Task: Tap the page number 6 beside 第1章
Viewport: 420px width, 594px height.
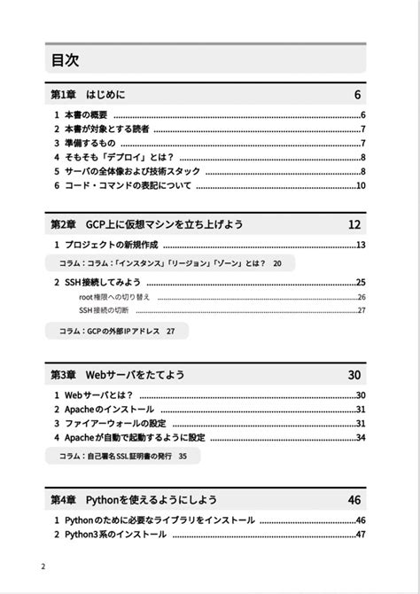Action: tap(357, 95)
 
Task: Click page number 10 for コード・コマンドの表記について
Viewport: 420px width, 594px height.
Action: tap(361, 185)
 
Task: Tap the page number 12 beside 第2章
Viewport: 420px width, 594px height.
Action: tap(354, 224)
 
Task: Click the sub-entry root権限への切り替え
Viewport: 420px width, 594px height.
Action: tap(114, 297)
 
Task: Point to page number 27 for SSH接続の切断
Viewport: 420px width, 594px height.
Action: tap(362, 310)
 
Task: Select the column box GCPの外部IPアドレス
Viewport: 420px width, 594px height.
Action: tap(117, 331)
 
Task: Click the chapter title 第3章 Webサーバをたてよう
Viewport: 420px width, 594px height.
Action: tap(118, 375)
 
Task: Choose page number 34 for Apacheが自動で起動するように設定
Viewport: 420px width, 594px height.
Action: tap(361, 437)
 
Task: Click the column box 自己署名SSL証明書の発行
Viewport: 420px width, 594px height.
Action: tap(122, 456)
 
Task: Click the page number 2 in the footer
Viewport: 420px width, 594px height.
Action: tap(43, 567)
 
